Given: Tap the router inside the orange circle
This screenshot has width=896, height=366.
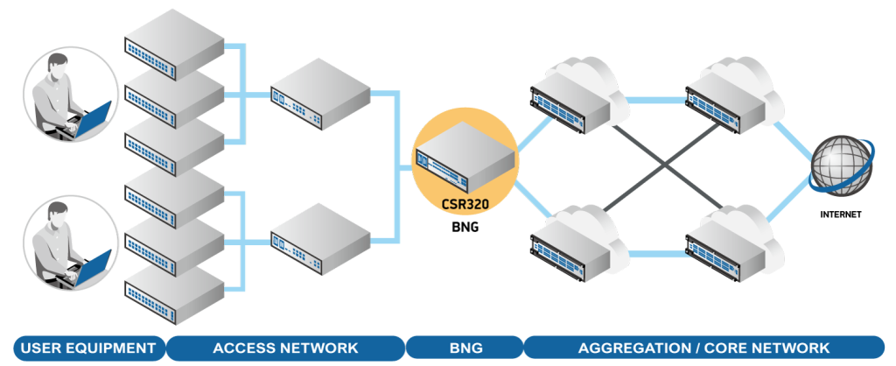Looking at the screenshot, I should pos(465,160).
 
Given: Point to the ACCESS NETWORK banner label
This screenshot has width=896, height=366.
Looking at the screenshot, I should pos(285,348).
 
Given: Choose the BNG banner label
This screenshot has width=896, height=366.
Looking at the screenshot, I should pos(464,348).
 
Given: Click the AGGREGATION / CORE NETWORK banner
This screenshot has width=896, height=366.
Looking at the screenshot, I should pos(705,348).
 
